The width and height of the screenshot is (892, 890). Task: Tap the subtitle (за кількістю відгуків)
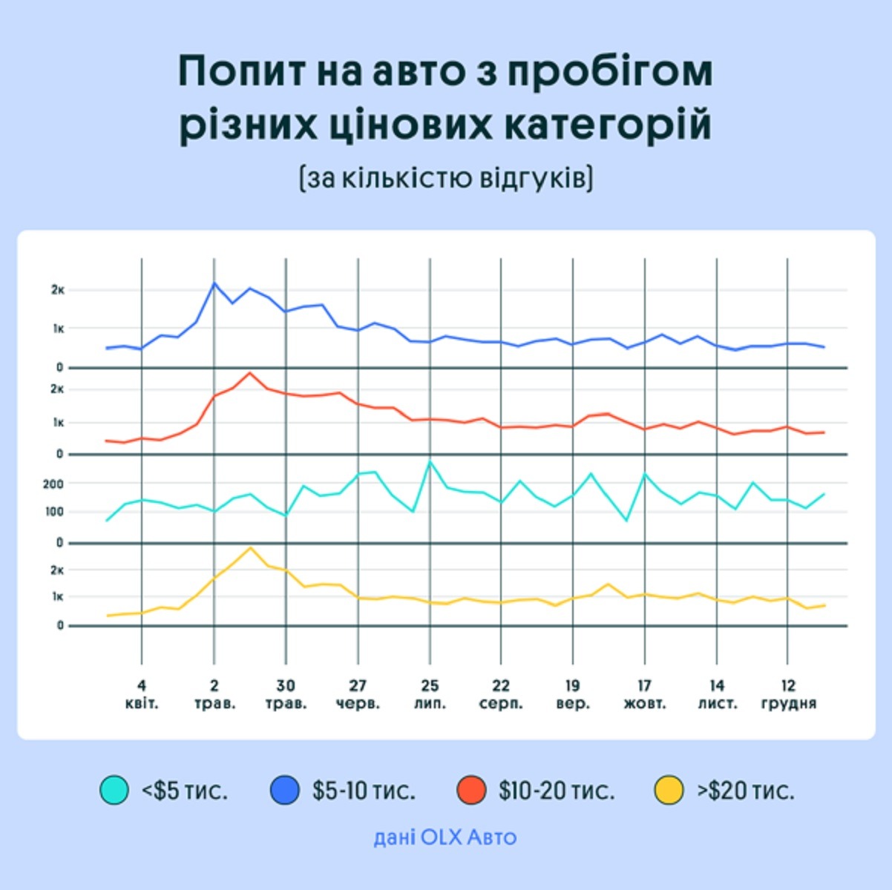(446, 178)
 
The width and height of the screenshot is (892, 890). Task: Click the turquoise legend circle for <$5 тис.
(114, 790)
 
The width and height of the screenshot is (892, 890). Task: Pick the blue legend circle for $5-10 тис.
(285, 790)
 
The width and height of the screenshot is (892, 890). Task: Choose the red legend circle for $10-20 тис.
(471, 790)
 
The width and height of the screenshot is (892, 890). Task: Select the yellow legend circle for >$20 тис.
(669, 790)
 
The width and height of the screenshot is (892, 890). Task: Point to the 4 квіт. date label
(142, 694)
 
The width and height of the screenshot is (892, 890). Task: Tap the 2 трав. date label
(214, 694)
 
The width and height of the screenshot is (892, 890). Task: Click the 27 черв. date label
(358, 694)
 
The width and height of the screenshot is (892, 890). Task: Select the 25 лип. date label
(430, 694)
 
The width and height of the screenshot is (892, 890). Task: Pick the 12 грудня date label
(788, 694)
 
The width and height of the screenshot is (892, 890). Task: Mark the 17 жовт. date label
(645, 694)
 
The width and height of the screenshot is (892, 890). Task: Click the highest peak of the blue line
(214, 283)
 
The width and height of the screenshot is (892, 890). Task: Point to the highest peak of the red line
(249, 372)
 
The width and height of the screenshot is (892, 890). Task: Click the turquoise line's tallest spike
(430, 461)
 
